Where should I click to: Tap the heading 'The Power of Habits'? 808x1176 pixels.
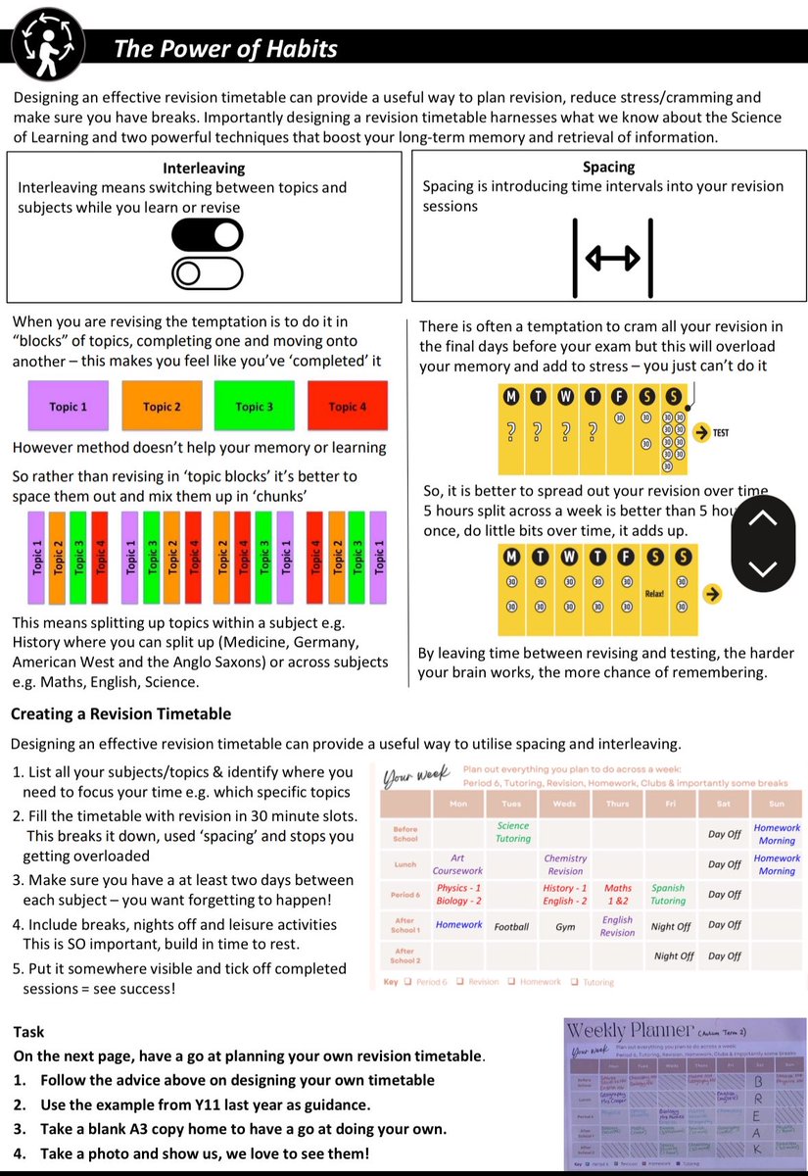click(x=225, y=48)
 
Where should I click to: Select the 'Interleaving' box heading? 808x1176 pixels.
click(x=204, y=169)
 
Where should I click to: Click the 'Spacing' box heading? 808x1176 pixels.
click(x=608, y=167)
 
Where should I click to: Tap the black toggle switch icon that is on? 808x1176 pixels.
click(x=207, y=235)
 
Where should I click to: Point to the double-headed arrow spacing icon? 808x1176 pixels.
click(x=612, y=259)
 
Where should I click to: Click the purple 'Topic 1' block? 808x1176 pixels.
click(x=69, y=407)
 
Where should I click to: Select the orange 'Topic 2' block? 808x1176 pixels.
click(x=162, y=407)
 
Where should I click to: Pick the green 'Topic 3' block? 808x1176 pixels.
click(x=255, y=407)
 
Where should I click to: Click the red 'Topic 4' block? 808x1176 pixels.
click(x=347, y=407)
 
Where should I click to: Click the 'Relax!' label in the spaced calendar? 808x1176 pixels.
click(x=655, y=594)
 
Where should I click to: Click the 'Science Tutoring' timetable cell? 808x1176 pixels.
click(x=512, y=832)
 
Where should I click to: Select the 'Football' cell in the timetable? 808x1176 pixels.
click(x=511, y=926)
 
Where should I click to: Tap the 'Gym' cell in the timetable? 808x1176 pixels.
click(x=565, y=926)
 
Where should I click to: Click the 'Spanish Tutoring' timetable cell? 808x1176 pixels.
click(x=669, y=895)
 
